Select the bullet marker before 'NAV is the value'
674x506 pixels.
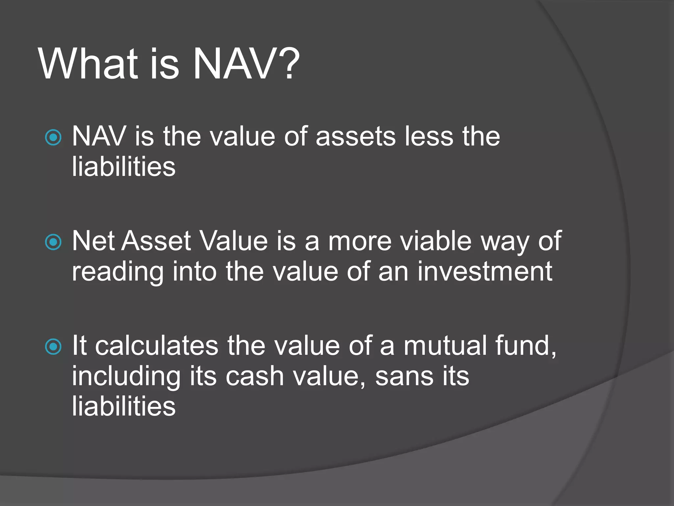[53, 137]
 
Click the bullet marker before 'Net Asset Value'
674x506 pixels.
[53, 242]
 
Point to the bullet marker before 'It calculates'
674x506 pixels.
[53, 347]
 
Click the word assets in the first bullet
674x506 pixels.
[355, 137]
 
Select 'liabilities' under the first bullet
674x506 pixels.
[123, 167]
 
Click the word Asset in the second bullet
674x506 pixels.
[157, 241]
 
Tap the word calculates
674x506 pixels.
[157, 346]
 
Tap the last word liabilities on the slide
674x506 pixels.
[123, 406]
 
